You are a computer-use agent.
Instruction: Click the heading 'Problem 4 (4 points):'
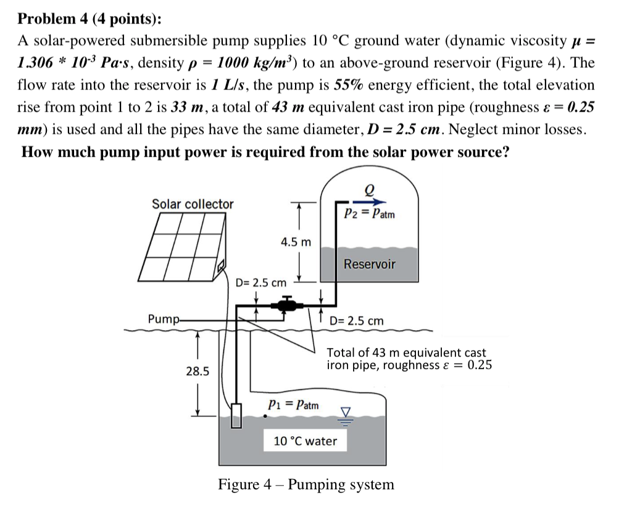pyautogui.click(x=89, y=18)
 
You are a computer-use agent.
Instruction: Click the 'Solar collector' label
pyautogui.click(x=193, y=204)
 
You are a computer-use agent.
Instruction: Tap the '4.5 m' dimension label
pyautogui.click(x=296, y=242)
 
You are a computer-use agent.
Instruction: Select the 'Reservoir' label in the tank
pyautogui.click(x=369, y=264)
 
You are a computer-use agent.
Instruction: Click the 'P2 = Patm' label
pyautogui.click(x=369, y=214)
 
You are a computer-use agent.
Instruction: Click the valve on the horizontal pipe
pyautogui.click(x=287, y=304)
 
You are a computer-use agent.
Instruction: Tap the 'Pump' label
pyautogui.click(x=162, y=319)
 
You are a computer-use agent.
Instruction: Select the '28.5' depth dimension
pyautogui.click(x=197, y=371)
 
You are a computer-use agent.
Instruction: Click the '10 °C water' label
pyautogui.click(x=305, y=441)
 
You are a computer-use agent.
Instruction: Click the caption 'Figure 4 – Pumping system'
pyautogui.click(x=306, y=484)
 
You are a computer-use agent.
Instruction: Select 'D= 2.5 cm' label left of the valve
pyautogui.click(x=261, y=283)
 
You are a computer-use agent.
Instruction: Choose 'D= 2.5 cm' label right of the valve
pyautogui.click(x=356, y=321)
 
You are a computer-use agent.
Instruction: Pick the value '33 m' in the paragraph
pyautogui.click(x=188, y=107)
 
